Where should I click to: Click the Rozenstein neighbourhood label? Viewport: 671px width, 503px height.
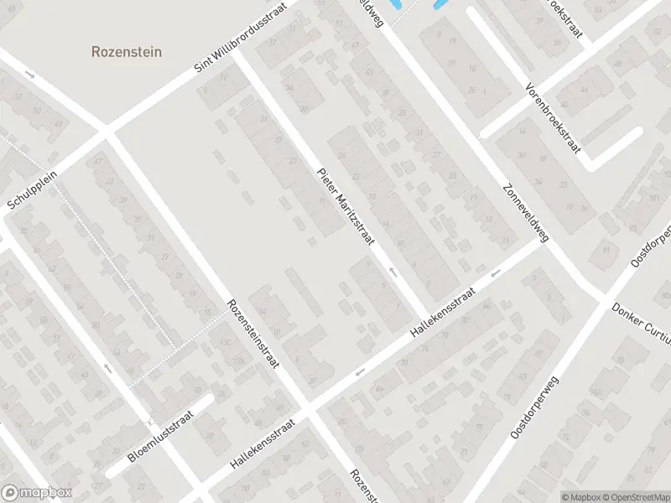point(126,52)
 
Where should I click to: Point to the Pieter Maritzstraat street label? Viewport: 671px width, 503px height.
point(344,207)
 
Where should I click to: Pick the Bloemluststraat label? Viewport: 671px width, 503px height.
point(161,437)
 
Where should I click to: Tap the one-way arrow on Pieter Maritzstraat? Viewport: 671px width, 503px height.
point(392,272)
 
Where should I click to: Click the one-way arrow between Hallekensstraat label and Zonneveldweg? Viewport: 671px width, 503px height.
point(495,272)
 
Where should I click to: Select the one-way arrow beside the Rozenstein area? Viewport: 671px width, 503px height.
point(31,75)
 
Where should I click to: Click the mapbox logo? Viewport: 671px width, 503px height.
point(36,493)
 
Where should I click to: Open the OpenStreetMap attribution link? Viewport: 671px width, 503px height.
point(636,497)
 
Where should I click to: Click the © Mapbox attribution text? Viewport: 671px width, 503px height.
point(580,497)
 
